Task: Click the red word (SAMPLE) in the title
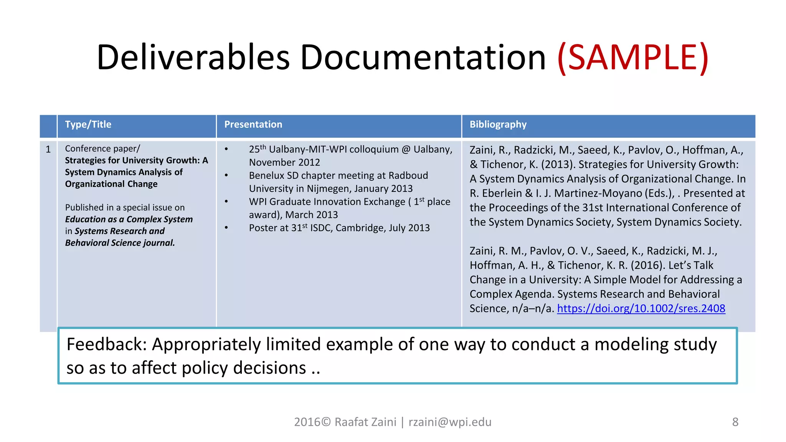632,58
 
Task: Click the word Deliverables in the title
193,58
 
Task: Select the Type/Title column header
88,125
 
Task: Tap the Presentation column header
253,125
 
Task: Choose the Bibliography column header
498,125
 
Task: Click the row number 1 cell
48,149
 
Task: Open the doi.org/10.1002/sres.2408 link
641,308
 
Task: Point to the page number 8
735,422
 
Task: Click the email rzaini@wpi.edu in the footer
450,422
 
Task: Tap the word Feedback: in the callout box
107,345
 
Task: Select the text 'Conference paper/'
102,148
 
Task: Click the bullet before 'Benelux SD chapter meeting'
226,176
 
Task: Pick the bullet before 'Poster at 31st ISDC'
226,228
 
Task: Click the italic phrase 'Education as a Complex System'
129,219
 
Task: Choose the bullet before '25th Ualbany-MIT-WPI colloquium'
226,149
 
